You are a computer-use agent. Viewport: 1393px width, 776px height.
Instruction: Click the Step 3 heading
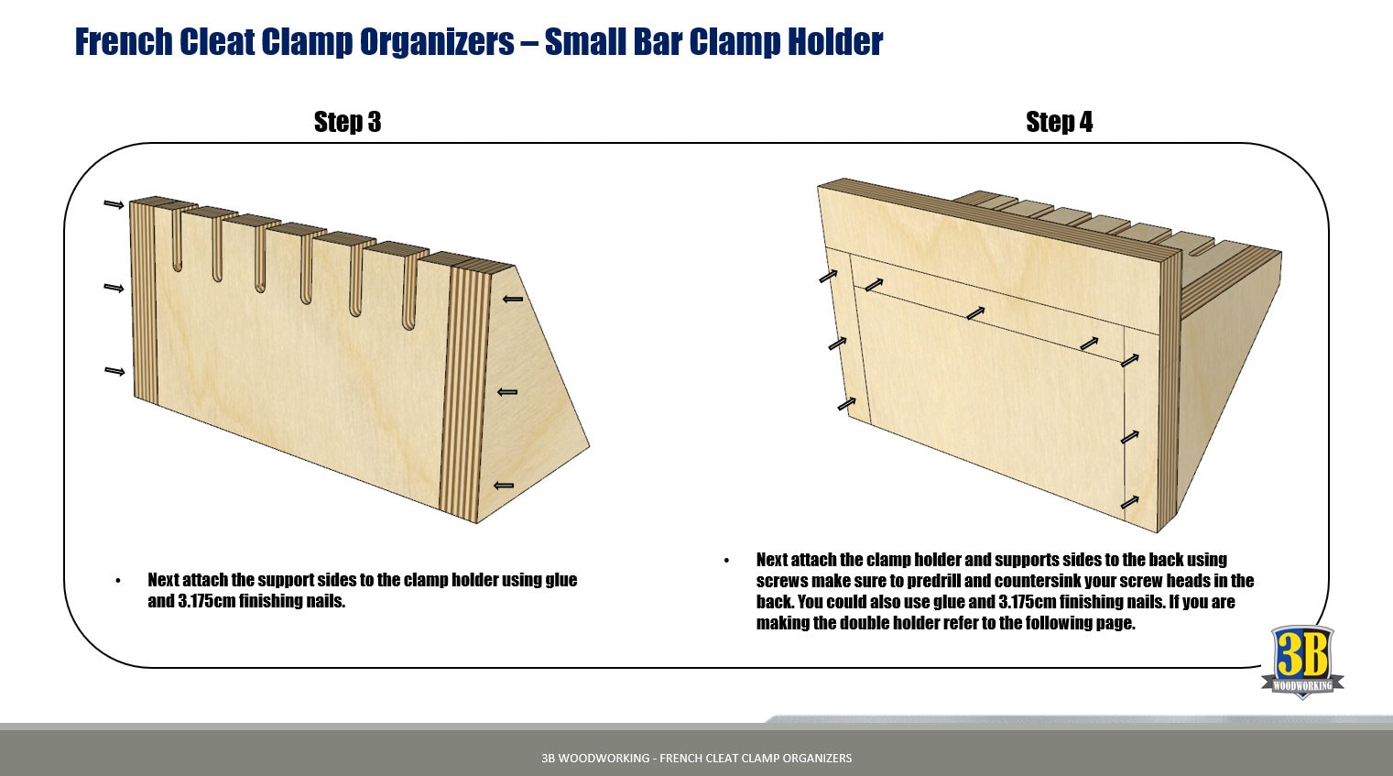click(347, 122)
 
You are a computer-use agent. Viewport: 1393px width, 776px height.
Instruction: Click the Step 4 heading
click(1059, 122)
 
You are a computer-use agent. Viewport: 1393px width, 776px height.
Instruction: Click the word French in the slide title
click(123, 42)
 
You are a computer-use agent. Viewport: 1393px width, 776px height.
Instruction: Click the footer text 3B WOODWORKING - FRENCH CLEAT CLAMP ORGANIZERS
click(696, 758)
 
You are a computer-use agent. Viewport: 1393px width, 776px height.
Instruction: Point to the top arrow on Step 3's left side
click(114, 204)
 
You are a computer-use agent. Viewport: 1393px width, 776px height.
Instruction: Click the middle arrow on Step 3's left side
click(114, 288)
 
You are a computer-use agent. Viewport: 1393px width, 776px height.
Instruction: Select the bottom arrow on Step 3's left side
click(114, 371)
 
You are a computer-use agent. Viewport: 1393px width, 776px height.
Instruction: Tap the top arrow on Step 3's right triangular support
click(513, 299)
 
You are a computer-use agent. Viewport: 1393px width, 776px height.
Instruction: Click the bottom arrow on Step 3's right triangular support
click(504, 486)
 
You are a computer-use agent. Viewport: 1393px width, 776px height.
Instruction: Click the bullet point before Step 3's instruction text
click(118, 581)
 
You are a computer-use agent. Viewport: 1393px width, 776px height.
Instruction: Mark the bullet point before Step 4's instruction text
click(726, 561)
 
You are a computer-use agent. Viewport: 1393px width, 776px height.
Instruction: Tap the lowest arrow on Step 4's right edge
click(1129, 502)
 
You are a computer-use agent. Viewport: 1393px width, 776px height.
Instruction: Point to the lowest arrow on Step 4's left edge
click(846, 403)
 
